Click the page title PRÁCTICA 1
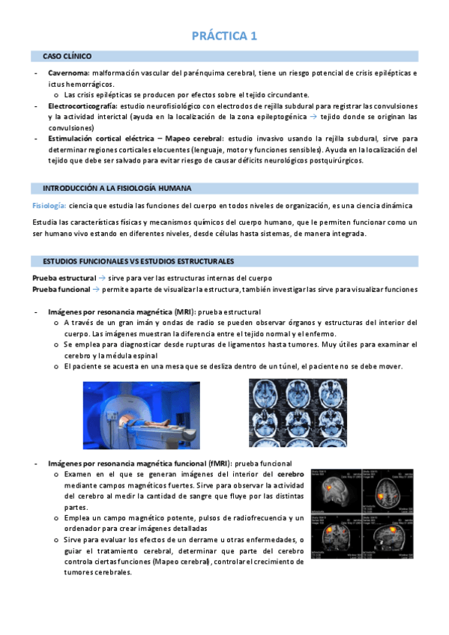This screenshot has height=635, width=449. tap(224, 35)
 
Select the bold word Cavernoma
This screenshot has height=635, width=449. tap(69, 73)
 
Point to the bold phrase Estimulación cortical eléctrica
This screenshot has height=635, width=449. tap(99, 139)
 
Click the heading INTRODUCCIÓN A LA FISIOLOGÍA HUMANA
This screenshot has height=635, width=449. tap(117, 187)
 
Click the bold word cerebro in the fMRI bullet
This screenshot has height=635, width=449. tap(290, 475)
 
